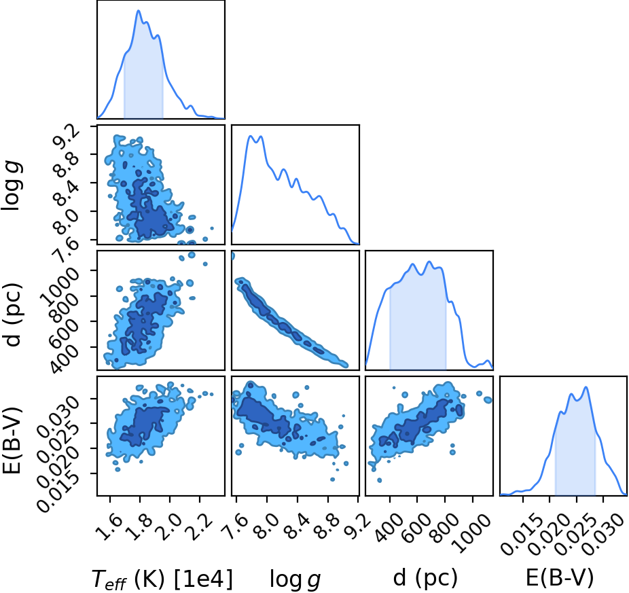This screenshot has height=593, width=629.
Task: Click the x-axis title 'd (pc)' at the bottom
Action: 425,578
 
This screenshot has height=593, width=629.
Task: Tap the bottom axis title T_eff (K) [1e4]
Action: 162,579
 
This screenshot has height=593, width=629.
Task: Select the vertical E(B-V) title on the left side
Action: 12,440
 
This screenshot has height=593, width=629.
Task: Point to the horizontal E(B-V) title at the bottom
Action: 560,578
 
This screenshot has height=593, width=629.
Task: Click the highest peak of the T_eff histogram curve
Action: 139,10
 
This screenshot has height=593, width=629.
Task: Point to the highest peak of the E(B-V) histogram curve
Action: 586,387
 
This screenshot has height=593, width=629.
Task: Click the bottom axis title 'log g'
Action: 295,579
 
